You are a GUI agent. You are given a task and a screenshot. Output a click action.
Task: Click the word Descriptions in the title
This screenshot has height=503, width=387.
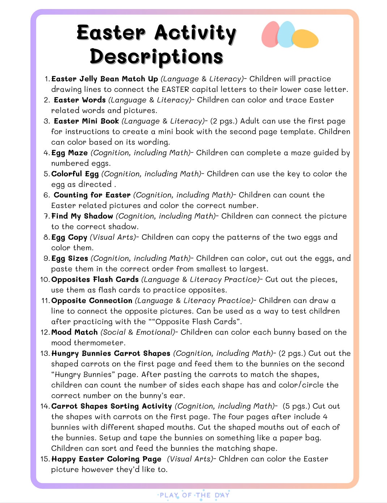(156, 57)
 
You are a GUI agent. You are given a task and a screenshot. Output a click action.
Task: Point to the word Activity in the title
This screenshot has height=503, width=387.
(195, 33)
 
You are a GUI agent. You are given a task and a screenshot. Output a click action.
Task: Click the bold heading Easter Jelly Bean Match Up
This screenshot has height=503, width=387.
(105, 79)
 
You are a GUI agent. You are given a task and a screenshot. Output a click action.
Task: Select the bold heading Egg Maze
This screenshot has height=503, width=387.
(69, 153)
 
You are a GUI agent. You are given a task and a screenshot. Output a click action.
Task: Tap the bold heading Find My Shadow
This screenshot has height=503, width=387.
(82, 216)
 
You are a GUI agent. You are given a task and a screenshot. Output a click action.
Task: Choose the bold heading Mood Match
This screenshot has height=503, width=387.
(75, 332)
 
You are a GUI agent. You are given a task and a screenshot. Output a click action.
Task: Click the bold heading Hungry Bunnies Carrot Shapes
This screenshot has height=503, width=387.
(111, 353)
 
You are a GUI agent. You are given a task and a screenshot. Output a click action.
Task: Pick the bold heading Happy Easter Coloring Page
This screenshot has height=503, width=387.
(106, 459)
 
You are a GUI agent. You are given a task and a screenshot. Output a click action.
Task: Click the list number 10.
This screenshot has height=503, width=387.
(45, 280)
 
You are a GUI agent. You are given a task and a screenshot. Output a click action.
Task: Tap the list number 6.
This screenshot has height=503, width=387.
(47, 195)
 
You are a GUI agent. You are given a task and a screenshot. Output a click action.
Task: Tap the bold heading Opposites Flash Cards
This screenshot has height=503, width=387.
(95, 280)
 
